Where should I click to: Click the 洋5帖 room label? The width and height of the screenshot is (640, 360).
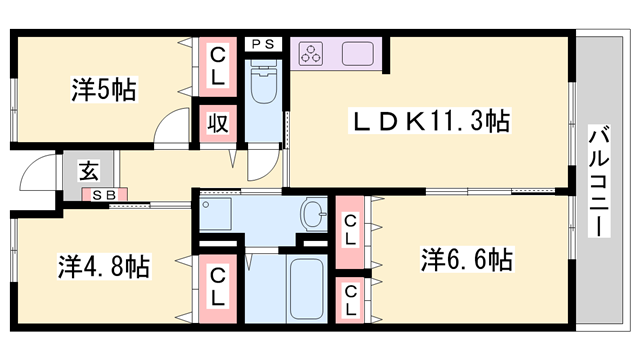coord(104,89)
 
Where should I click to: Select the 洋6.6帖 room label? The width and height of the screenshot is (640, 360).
coord(466,260)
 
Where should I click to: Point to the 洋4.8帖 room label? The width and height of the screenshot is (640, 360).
coord(103,267)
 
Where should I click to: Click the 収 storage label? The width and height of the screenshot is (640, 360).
coord(217,124)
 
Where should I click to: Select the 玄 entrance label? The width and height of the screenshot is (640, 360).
coord(89,169)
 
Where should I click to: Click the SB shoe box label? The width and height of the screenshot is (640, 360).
coord(89,195)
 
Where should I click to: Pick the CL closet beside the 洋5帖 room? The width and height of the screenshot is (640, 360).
coord(217,66)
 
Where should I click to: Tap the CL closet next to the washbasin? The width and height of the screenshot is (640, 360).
coord(351,231)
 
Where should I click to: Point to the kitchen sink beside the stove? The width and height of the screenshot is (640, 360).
coord(356,52)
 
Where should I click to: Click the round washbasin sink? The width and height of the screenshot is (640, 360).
coord(314,213)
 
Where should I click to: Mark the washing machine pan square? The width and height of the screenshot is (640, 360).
coord(216,213)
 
